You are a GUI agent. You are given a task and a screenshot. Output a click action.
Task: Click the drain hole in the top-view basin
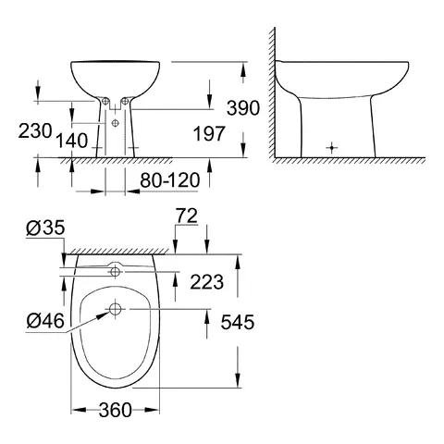click(114, 308)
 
